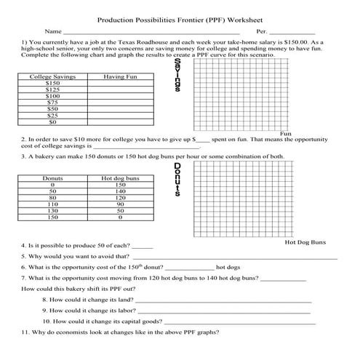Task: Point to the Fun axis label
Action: click(286, 134)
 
